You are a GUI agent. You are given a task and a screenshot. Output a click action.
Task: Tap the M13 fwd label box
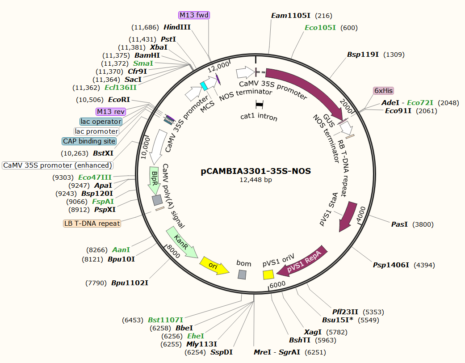coord(194,15)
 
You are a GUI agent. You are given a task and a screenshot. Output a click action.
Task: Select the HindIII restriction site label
coord(177,27)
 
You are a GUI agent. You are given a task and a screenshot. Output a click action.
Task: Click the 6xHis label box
coord(383,91)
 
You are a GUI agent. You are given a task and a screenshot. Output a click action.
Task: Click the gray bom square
coord(242,274)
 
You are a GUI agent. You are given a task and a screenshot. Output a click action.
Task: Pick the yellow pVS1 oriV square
coord(268,274)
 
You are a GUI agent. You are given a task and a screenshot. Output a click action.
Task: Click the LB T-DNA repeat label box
coord(92,223)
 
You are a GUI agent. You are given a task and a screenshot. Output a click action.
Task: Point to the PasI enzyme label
coord(399,224)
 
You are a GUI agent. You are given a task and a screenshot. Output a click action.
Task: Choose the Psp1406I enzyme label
coord(391,265)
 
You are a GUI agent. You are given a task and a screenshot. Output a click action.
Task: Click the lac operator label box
coord(101,122)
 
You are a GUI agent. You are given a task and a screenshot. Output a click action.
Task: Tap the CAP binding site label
coord(89,141)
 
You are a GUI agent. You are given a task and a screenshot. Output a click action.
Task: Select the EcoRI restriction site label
coord(119,99)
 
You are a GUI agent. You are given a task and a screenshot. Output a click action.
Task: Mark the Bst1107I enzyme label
coord(165,320)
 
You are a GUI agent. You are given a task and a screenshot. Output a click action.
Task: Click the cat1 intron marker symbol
coord(259,105)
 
